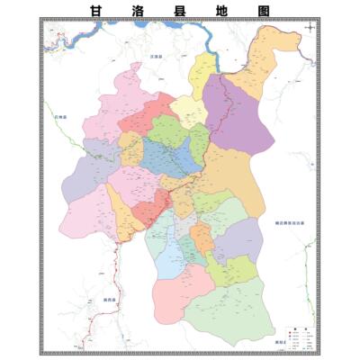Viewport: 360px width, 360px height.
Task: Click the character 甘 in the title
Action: tap(96, 10)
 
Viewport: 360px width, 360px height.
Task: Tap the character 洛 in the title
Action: tap(139, 10)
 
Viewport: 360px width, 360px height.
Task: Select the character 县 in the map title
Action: tap(180, 10)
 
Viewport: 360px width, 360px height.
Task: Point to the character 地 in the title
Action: tap(222, 10)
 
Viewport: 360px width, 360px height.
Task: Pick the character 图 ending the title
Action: tap(263, 10)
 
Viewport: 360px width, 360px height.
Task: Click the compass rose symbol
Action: tap(309, 29)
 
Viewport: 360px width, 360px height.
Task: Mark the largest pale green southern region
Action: tap(234, 306)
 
